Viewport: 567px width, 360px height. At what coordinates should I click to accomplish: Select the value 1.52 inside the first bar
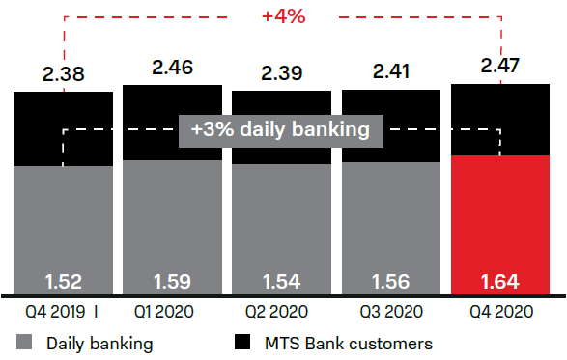63,283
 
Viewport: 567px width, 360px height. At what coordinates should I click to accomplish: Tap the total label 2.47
500,66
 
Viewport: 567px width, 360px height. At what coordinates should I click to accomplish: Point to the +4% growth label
282,16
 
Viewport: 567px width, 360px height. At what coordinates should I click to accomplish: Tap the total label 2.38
63,73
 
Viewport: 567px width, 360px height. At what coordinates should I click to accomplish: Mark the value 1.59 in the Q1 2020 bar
172,283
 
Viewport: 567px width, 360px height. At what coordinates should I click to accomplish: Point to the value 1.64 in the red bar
500,283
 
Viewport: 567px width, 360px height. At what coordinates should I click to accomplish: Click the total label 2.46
172,67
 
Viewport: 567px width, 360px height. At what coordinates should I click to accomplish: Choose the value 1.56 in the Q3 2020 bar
390,283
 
